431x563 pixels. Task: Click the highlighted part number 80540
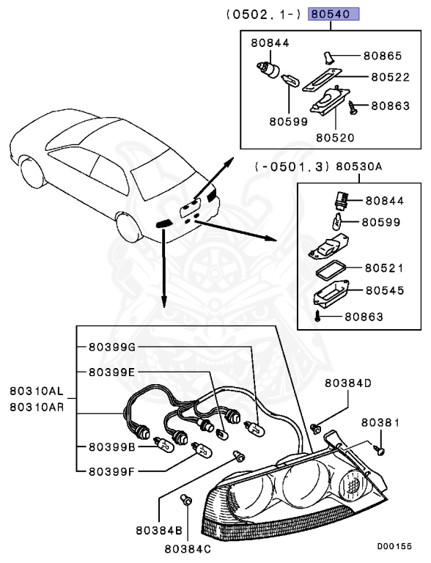click(x=334, y=14)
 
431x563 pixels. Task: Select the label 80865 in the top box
click(x=384, y=55)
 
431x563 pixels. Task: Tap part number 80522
click(x=391, y=76)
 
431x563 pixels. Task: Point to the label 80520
click(x=336, y=137)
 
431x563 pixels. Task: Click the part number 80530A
click(x=359, y=166)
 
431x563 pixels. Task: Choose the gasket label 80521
click(x=385, y=268)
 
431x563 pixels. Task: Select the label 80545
click(x=385, y=290)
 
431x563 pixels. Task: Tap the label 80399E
click(x=111, y=372)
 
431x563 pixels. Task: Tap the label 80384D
click(x=348, y=383)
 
